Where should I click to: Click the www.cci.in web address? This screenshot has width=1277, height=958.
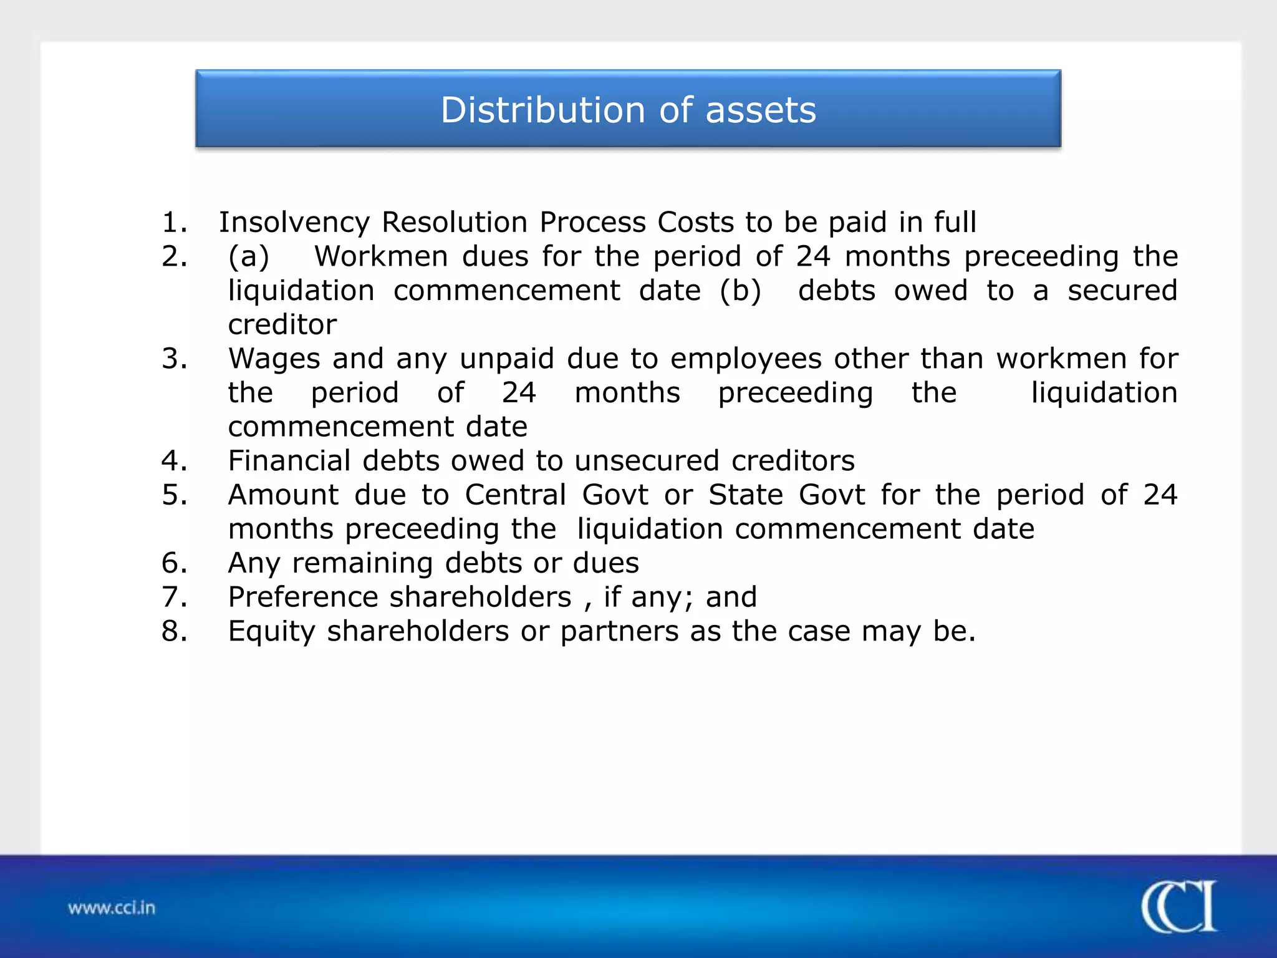[x=112, y=907]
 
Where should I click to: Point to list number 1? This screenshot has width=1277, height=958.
[x=174, y=223]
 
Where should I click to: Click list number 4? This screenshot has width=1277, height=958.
[x=174, y=461]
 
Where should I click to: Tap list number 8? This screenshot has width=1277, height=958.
[x=174, y=631]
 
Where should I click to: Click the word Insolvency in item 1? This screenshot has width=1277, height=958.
[x=294, y=223]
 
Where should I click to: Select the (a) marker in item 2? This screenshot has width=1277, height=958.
[x=249, y=257]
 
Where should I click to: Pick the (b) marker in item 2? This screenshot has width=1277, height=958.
[x=740, y=291]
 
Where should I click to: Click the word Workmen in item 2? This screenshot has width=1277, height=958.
[x=380, y=257]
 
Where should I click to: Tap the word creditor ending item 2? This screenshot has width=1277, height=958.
[x=282, y=325]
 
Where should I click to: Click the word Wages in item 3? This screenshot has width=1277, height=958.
[x=274, y=359]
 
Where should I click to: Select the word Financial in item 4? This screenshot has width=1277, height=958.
[x=289, y=461]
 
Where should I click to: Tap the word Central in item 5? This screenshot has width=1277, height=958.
[x=515, y=495]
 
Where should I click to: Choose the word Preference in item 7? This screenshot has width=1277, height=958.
[x=303, y=598]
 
